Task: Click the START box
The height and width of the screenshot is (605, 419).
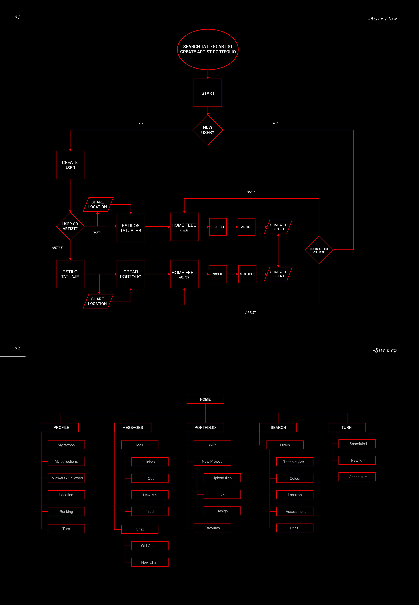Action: (208, 93)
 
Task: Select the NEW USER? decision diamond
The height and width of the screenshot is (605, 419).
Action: (208, 130)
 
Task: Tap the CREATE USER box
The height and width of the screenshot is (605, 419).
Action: (70, 165)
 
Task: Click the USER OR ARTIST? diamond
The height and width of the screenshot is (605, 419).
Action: (70, 226)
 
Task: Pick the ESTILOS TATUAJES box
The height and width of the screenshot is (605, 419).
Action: (131, 228)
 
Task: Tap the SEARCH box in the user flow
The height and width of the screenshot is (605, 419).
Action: (218, 227)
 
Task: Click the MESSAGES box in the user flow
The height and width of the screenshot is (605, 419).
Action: (247, 274)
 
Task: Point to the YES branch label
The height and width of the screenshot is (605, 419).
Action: (141, 123)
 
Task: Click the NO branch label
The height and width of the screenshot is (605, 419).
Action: (275, 123)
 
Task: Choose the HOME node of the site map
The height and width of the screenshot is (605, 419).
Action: (205, 399)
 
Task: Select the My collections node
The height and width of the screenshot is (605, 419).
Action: (66, 461)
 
